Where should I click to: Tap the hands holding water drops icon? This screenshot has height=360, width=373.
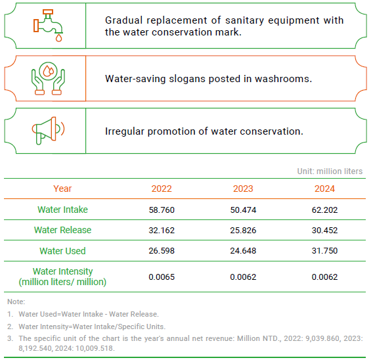(x=49, y=79)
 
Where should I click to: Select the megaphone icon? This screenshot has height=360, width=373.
(x=49, y=131)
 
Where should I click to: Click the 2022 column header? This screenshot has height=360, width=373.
(x=162, y=189)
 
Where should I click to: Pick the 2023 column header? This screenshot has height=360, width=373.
(x=243, y=189)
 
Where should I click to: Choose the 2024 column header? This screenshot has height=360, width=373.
(x=324, y=189)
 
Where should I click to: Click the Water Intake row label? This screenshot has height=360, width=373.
(x=62, y=210)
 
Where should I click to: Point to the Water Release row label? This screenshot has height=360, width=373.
(x=62, y=230)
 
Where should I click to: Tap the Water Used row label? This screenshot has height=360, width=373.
(x=62, y=251)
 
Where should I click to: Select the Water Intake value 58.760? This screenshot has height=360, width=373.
(x=162, y=210)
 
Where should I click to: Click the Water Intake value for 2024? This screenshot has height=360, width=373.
(x=324, y=210)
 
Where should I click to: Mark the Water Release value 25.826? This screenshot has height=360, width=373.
(x=243, y=231)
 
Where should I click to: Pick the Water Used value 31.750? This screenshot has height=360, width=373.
(x=324, y=251)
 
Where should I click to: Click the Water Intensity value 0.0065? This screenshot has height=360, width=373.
(x=162, y=277)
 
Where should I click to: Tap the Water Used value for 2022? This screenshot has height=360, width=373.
(x=162, y=251)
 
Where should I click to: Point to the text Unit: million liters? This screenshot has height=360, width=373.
(x=330, y=171)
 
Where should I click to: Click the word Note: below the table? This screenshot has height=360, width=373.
(x=16, y=302)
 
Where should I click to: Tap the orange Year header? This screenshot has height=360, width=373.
(x=62, y=189)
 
